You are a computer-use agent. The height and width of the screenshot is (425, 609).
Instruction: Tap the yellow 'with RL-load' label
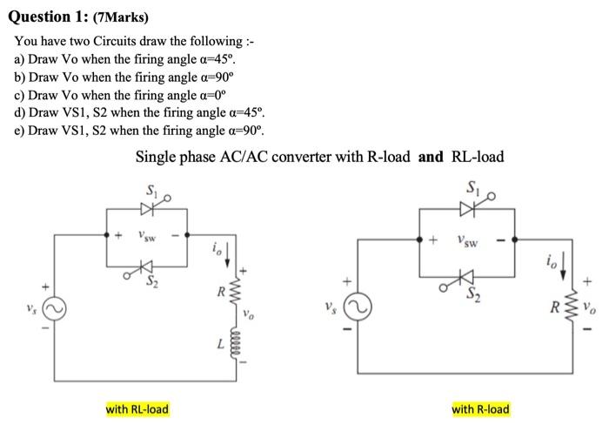(137, 408)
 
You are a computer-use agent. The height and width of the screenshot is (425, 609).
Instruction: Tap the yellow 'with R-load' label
(481, 408)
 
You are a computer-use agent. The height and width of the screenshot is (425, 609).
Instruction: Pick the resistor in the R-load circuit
(571, 307)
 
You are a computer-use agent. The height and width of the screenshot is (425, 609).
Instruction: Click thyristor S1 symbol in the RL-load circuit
(144, 208)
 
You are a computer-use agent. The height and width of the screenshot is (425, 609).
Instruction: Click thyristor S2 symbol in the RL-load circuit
(144, 265)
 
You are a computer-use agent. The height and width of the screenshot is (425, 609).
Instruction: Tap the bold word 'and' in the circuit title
(433, 157)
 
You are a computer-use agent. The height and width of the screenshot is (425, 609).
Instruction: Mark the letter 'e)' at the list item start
(20, 132)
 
